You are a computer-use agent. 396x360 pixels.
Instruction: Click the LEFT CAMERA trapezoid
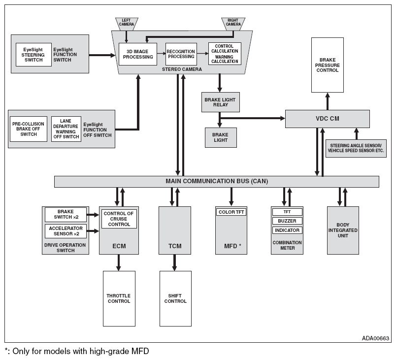pos(127,24)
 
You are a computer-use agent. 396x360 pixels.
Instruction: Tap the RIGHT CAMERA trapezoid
pos(233,24)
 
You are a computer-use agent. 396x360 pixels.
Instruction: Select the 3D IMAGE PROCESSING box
pos(138,54)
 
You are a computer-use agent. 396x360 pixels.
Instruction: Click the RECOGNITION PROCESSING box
pos(181,54)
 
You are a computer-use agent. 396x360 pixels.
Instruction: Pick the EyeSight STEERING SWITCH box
pos(33,55)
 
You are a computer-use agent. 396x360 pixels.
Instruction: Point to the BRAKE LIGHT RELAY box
pos(221,102)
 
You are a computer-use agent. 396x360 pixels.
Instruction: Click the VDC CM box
pos(328,119)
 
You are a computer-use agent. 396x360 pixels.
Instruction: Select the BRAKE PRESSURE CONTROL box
pos(328,65)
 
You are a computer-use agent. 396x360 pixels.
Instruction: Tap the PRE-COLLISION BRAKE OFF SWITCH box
pos(29,129)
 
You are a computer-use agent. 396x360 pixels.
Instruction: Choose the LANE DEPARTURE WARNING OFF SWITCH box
pos(66,129)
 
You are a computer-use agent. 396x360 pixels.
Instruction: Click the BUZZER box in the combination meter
pos(287,221)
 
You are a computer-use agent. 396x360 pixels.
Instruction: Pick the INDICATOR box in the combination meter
pos(287,230)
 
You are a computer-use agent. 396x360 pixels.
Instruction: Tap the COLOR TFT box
pos(231,212)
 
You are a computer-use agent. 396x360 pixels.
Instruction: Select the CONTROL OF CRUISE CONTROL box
pos(119,219)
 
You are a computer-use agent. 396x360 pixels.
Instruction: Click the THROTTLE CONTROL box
pos(119,298)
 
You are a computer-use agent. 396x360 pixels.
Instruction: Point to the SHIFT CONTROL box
pos(175,298)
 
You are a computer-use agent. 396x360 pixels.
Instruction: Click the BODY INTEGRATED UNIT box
pos(343,230)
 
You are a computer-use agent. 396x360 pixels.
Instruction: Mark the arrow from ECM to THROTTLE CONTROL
pos(118,262)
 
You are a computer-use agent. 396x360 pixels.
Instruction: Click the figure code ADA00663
pos(375,338)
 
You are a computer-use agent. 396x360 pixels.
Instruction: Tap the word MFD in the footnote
pos(140,351)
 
